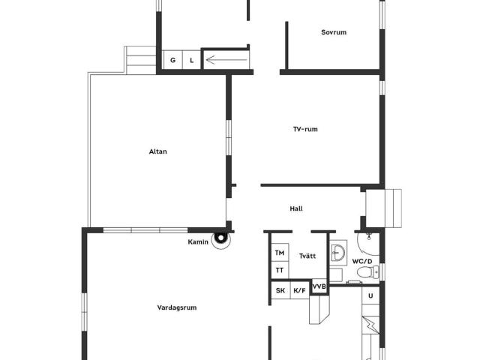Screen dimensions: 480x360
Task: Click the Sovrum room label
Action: click(x=334, y=32)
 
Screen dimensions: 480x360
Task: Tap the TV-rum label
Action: click(x=305, y=129)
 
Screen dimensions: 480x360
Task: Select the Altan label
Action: click(x=158, y=151)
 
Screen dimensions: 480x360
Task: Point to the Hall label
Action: click(x=296, y=208)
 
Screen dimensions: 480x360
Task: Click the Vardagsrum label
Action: click(x=177, y=307)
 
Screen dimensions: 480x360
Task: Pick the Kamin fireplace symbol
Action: click(x=221, y=238)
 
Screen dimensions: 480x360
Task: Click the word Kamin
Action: click(x=198, y=242)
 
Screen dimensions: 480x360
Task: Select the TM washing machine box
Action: click(x=280, y=253)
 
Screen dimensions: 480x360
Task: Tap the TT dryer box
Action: click(x=280, y=270)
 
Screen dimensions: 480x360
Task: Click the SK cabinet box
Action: click(x=280, y=290)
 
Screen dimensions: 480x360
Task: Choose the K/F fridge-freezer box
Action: click(x=299, y=290)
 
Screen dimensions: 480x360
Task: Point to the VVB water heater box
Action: click(x=319, y=286)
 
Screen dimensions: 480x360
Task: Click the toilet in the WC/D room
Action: click(x=368, y=271)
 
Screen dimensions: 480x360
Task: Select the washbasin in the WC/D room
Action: click(x=338, y=253)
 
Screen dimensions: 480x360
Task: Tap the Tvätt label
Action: click(x=307, y=256)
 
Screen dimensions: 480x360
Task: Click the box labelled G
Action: click(x=172, y=60)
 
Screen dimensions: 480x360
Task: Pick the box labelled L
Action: click(x=192, y=60)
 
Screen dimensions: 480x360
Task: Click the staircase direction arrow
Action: click(x=226, y=60)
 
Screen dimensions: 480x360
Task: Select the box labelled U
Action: click(x=370, y=295)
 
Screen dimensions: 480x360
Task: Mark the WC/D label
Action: click(x=362, y=262)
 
